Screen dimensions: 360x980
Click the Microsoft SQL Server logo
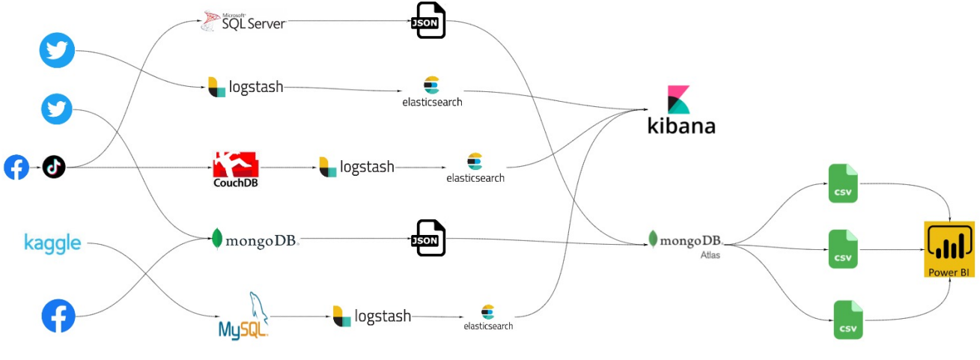(x=243, y=21)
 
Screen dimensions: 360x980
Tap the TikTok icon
(x=54, y=167)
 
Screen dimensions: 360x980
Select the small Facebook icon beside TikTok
(x=16, y=167)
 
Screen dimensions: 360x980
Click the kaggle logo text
(x=52, y=243)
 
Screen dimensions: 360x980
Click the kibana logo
(x=681, y=110)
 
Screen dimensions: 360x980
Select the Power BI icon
(x=949, y=249)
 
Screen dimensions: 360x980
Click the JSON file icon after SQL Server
(x=430, y=20)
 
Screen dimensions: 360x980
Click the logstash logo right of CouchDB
(x=356, y=167)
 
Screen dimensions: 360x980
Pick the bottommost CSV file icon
(x=848, y=319)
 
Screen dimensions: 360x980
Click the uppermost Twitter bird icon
(x=58, y=51)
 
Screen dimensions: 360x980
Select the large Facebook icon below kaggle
(x=58, y=315)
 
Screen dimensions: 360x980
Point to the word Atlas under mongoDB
(x=710, y=255)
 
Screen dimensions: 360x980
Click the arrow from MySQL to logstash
(x=300, y=317)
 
